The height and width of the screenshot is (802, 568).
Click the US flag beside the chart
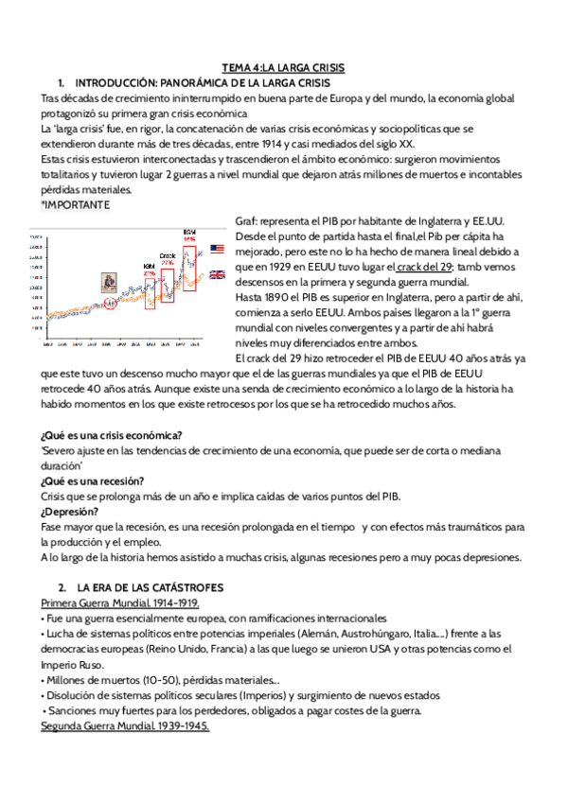[x=217, y=249]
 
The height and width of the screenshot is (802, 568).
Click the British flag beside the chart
[x=217, y=274]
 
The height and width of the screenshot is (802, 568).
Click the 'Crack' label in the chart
[x=168, y=255]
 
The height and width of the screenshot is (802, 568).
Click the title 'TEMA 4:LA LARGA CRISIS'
[x=283, y=68]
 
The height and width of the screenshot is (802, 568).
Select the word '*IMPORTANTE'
[x=75, y=204]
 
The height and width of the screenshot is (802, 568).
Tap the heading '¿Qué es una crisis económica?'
[x=113, y=435]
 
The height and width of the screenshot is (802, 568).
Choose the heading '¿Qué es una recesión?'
[x=96, y=479]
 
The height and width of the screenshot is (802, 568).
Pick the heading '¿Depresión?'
[x=71, y=512]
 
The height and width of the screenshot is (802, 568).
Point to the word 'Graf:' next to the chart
[x=246, y=220]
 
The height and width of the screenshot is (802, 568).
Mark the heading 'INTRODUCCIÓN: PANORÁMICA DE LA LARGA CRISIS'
[x=202, y=82]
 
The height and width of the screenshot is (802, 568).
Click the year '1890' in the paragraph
[x=273, y=297]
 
